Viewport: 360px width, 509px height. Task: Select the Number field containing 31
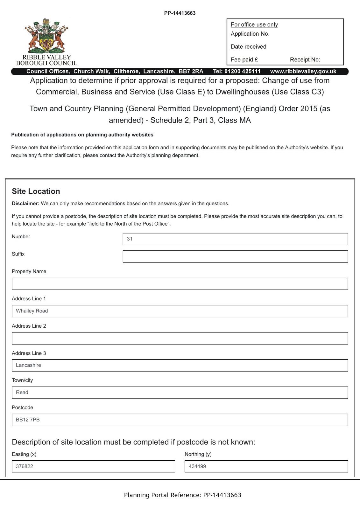click(x=235, y=239)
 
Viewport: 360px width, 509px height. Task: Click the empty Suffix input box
click(x=235, y=256)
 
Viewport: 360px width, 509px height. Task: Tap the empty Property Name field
click(x=180, y=284)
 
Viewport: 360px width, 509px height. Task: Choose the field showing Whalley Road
click(x=180, y=311)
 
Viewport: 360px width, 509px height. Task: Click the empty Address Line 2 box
click(x=180, y=338)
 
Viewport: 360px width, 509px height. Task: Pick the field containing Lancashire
click(x=180, y=365)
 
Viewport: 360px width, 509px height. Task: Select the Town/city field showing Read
click(x=180, y=393)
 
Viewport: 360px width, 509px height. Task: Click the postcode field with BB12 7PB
click(x=180, y=420)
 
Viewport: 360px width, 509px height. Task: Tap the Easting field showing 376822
click(x=93, y=466)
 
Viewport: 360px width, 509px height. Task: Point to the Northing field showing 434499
click(x=266, y=466)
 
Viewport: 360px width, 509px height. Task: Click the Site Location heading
click(x=36, y=191)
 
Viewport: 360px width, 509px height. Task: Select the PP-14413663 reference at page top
click(x=180, y=13)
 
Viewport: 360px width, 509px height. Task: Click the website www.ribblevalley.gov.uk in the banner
click(x=303, y=71)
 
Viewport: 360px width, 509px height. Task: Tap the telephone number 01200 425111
click(x=242, y=71)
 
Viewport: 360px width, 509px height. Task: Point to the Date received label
click(x=249, y=46)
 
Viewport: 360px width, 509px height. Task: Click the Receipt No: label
click(x=305, y=59)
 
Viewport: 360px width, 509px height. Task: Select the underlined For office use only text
click(x=254, y=24)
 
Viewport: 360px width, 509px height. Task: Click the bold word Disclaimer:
click(x=25, y=203)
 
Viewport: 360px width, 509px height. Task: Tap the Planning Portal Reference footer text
click(x=182, y=495)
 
